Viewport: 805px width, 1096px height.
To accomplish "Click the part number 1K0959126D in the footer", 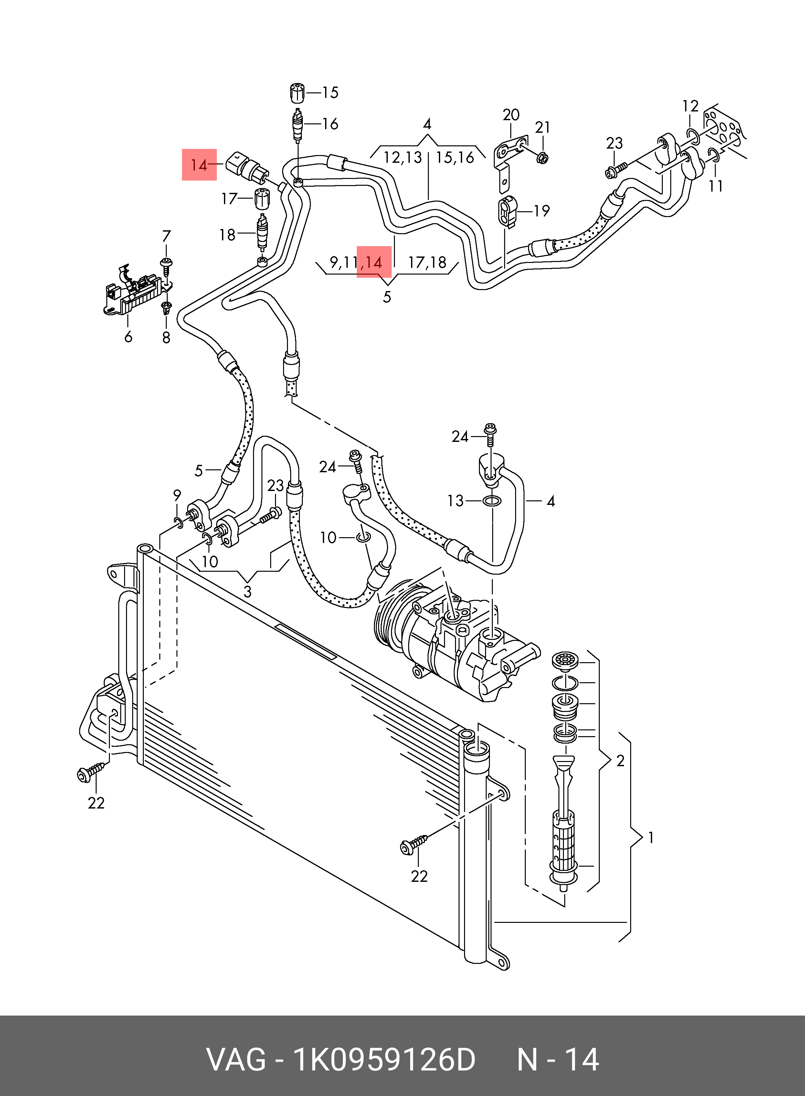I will (x=383, y=1059).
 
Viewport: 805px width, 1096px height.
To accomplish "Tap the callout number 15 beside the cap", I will (x=330, y=93).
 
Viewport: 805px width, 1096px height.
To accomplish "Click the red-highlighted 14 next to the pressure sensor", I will (x=199, y=165).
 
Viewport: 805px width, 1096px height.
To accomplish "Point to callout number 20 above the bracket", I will (x=511, y=115).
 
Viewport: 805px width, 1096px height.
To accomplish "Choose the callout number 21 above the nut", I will (x=542, y=128).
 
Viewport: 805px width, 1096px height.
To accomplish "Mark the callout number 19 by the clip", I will (x=541, y=211).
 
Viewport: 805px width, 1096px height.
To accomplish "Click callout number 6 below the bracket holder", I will (x=128, y=337).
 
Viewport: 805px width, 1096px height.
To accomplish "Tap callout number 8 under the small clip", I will (x=166, y=337).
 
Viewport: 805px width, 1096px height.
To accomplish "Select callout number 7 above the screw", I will (x=166, y=236).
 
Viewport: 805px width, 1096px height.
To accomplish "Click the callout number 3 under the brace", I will (x=248, y=592).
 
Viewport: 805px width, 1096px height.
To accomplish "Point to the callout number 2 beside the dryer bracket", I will (x=620, y=761).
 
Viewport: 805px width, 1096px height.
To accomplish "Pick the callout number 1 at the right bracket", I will (x=651, y=838).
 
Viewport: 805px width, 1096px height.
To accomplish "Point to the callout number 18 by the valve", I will (x=227, y=235).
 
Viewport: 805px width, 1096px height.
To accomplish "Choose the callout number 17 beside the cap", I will (x=229, y=199).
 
